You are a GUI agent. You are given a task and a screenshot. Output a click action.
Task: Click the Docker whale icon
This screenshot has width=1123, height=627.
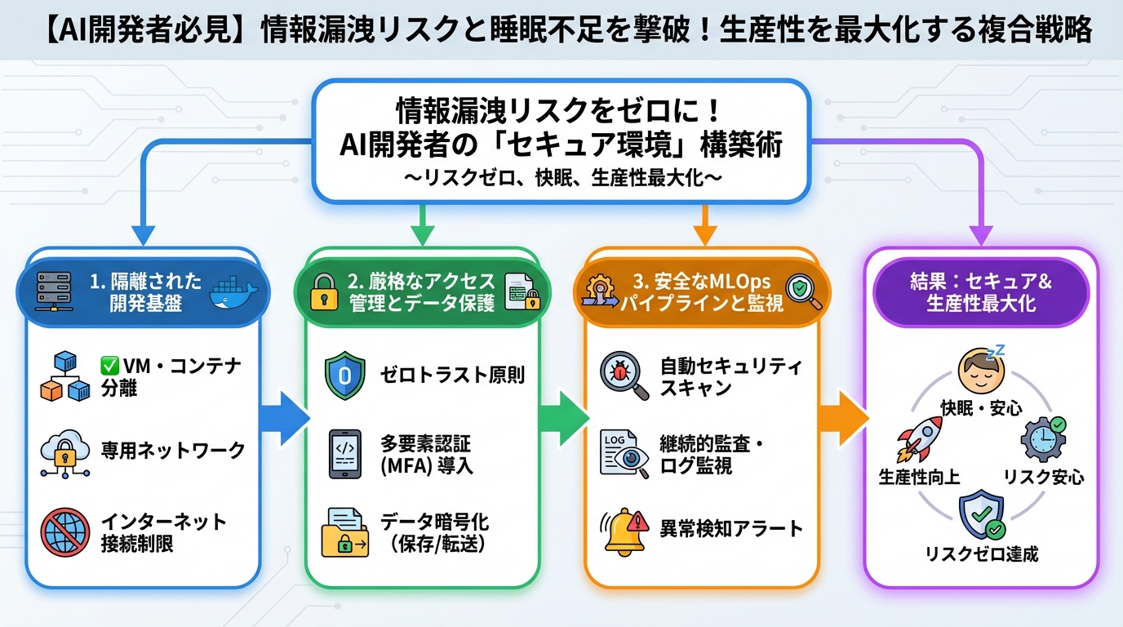233,295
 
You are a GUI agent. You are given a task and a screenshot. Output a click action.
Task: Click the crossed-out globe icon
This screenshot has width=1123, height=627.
62,533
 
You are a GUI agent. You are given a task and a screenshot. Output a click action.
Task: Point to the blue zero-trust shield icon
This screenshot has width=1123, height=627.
344,376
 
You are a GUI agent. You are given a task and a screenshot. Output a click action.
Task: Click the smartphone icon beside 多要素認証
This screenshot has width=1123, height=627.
344,454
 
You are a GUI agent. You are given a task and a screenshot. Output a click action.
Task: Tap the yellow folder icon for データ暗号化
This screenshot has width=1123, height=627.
344,532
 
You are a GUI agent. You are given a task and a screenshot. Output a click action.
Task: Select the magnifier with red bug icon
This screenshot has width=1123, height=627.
624,376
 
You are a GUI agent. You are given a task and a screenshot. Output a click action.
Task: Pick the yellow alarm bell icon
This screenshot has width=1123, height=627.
624,531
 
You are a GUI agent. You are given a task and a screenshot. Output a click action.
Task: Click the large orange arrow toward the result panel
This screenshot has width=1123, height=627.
841,417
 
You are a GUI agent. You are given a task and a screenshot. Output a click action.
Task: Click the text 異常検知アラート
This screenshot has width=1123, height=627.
731,528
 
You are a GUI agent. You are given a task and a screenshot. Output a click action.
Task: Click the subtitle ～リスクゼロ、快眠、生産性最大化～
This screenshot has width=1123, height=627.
562,179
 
